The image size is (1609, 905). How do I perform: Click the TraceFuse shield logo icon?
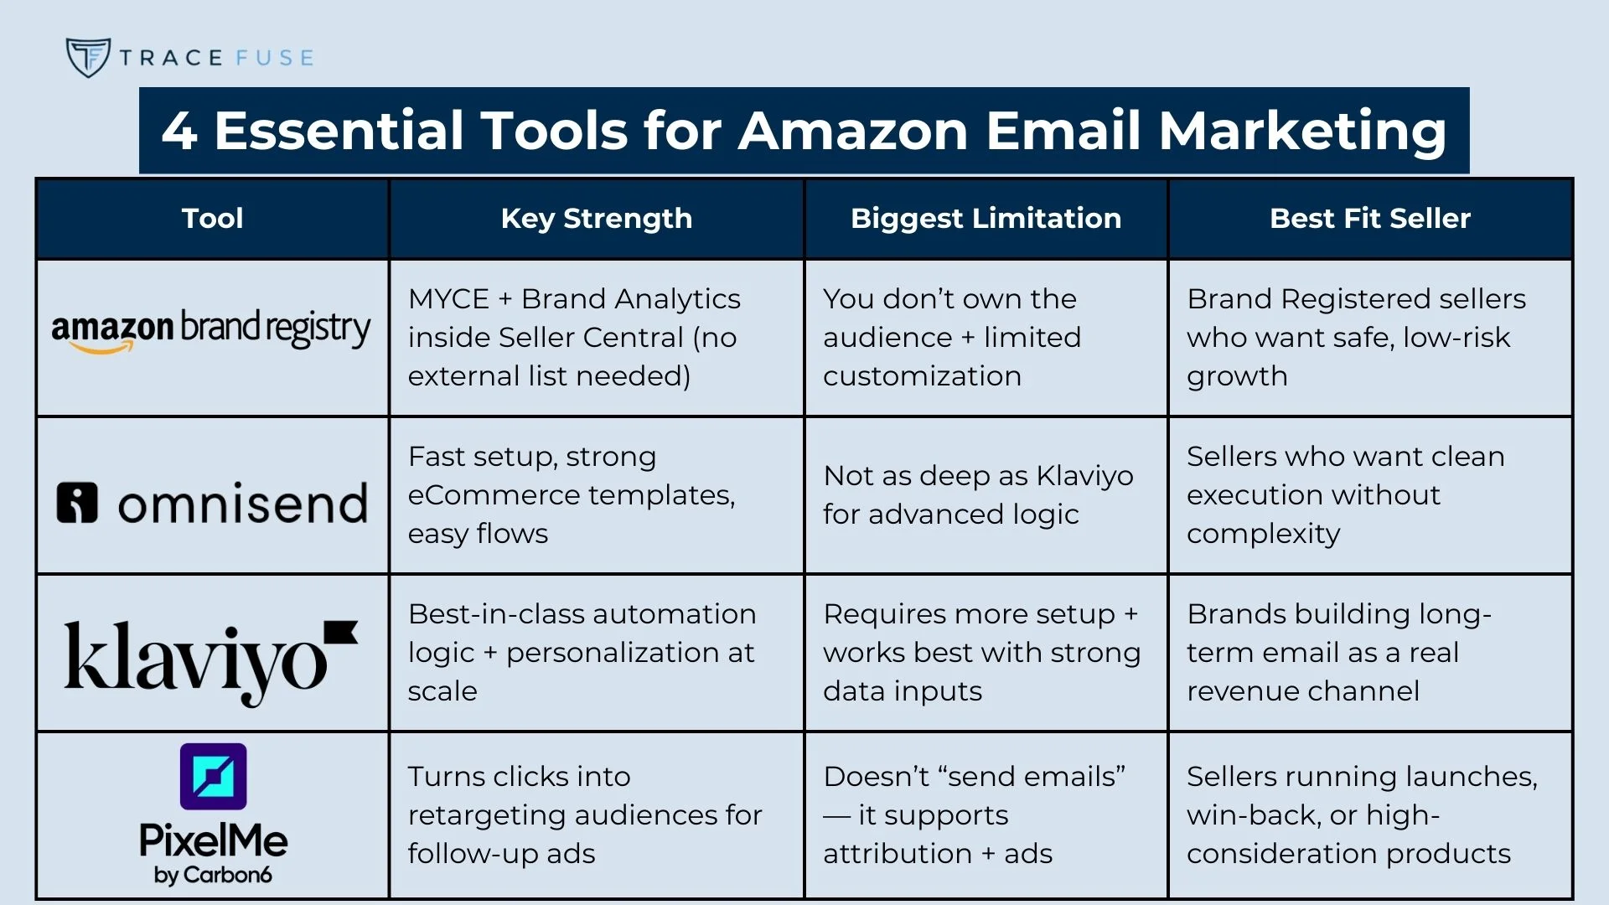88,57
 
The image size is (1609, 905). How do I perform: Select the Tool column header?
213,219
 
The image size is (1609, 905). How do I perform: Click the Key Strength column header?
597,219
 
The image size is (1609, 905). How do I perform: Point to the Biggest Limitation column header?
986,219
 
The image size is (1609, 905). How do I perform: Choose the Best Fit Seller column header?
1370,219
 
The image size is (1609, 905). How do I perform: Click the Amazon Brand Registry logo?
211,329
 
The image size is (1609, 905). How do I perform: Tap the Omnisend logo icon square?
77,503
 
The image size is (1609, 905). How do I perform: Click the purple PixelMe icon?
214,777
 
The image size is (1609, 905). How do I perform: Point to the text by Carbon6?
213,875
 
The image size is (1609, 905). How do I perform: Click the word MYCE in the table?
448,299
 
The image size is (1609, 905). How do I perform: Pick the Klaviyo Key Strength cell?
597,653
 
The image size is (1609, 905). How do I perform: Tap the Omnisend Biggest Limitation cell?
986,495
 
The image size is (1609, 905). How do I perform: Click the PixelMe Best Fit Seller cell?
1370,815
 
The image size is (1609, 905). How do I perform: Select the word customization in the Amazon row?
922,376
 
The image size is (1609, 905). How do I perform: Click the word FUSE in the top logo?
275,58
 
